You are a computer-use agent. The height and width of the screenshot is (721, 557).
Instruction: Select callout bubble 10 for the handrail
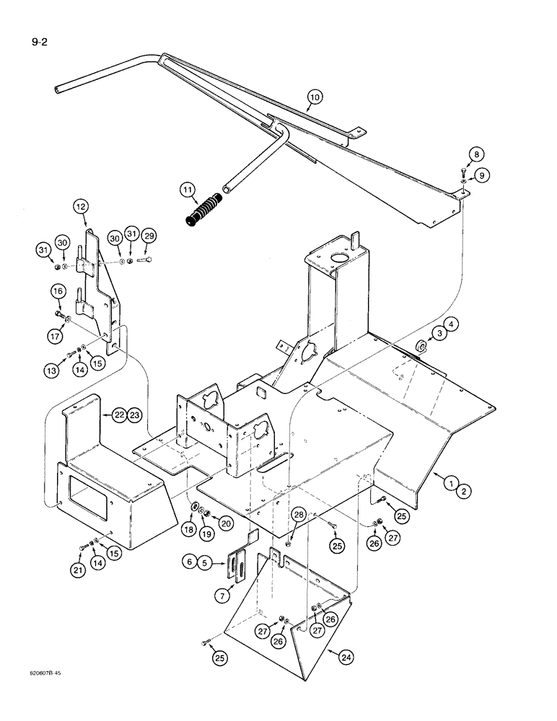tap(314, 97)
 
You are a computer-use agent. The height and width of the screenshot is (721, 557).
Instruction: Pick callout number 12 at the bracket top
tap(80, 208)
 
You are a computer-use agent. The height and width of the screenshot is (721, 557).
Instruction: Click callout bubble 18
tap(188, 529)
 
